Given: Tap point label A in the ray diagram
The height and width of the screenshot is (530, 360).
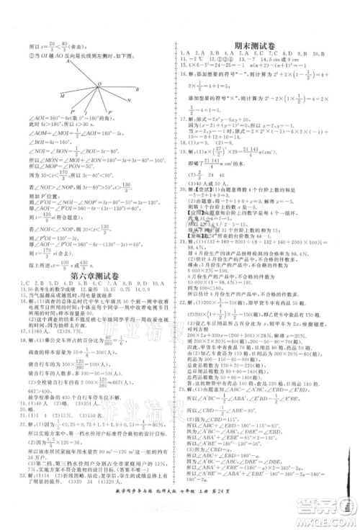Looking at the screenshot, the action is click(66, 61).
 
